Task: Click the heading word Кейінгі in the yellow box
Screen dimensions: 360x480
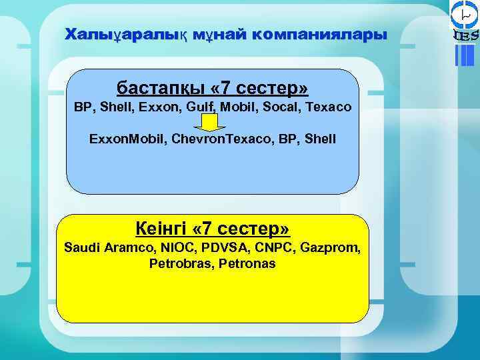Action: (x=160, y=229)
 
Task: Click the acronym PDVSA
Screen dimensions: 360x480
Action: (x=223, y=248)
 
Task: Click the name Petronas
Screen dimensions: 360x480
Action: (x=246, y=264)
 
